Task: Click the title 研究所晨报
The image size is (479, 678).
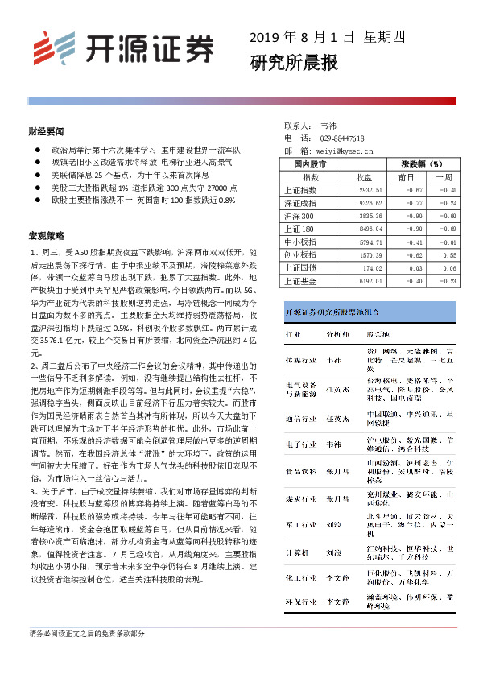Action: (x=283, y=63)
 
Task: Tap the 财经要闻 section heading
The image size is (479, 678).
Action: (x=46, y=131)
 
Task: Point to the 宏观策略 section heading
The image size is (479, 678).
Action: (x=46, y=236)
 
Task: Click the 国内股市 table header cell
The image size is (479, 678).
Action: (x=310, y=163)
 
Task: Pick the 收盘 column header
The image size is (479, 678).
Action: (x=364, y=176)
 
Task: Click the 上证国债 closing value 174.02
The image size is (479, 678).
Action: (x=371, y=268)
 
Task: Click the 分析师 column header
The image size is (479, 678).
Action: (x=337, y=332)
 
